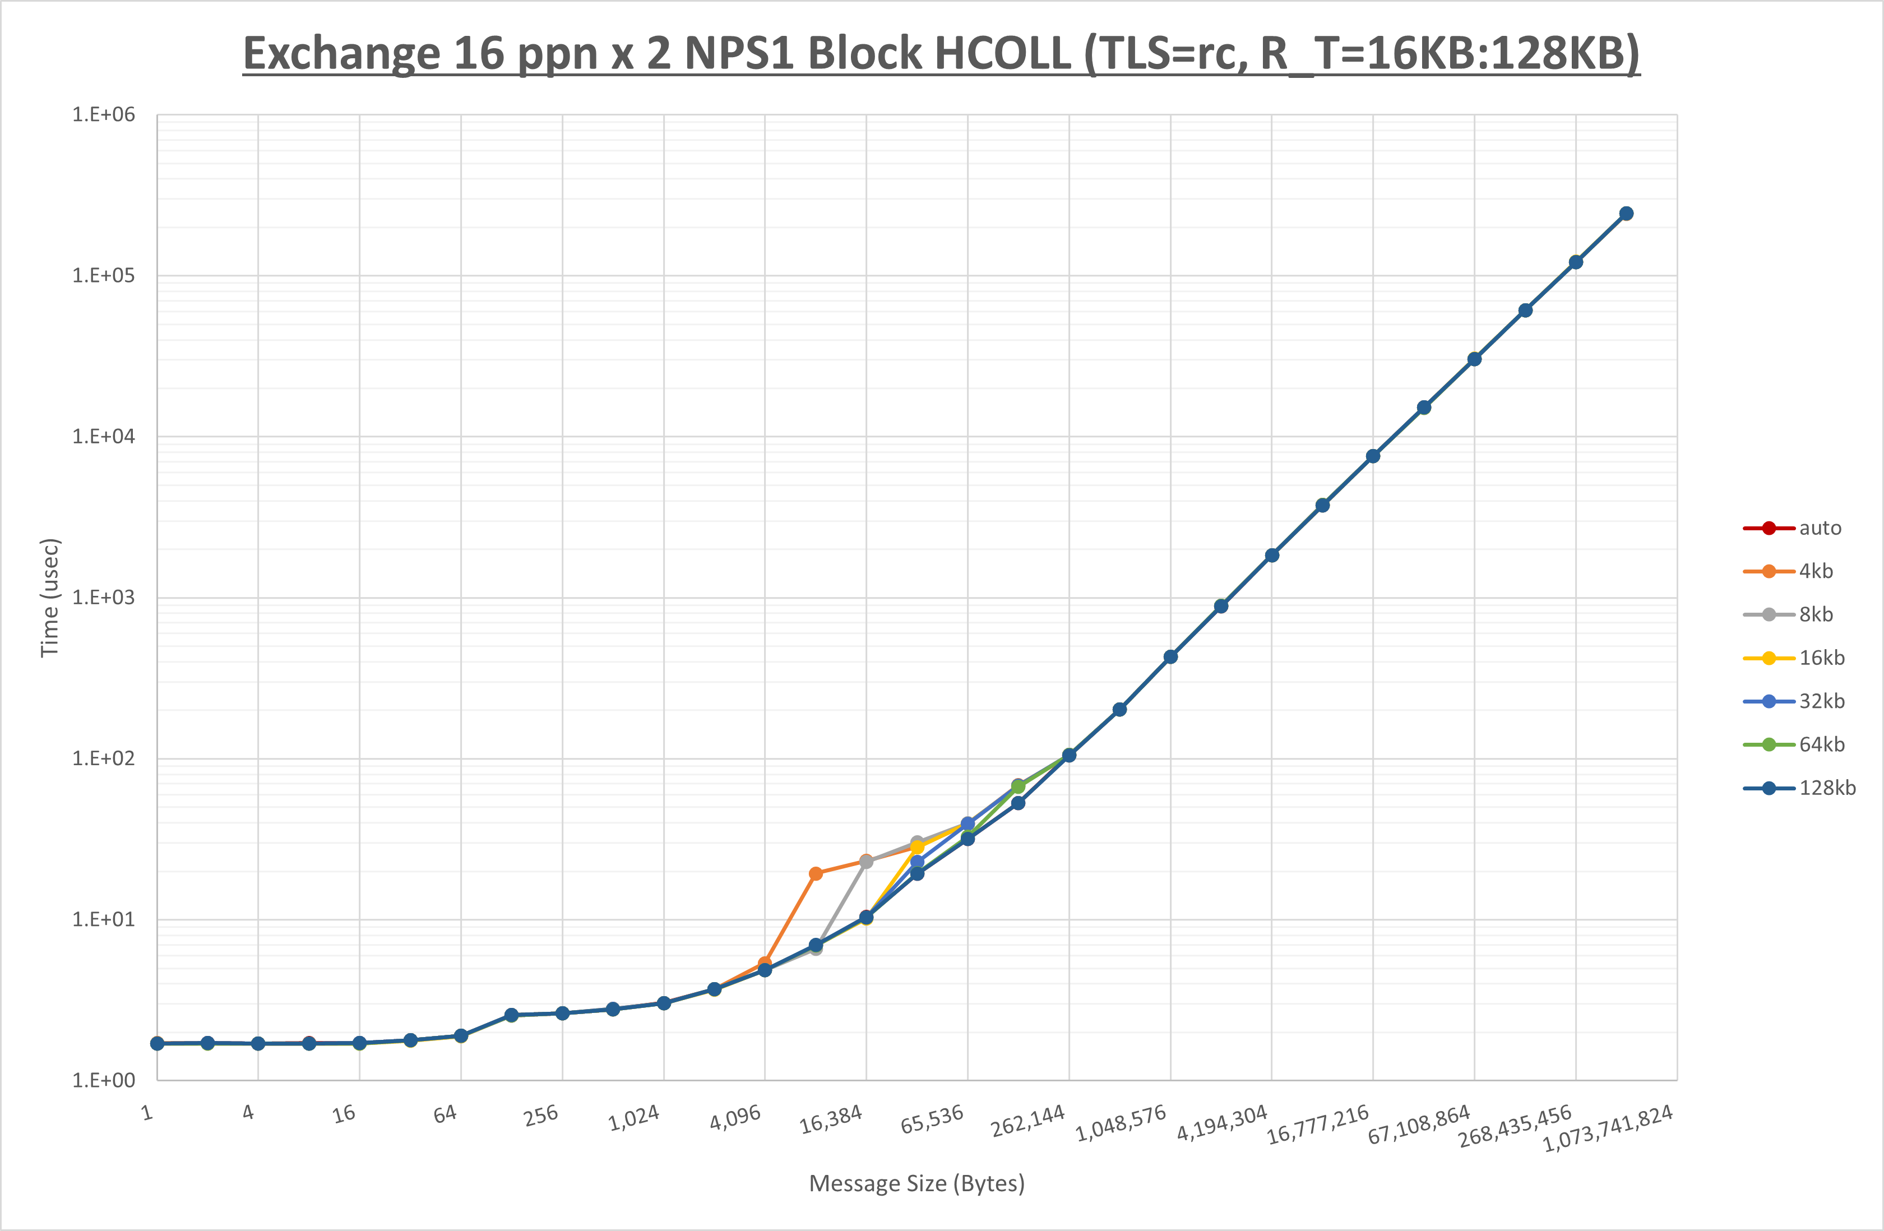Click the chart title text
coord(941,54)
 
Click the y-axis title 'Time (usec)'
coord(50,598)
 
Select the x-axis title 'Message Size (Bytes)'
coord(916,1183)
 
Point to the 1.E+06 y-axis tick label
coord(104,115)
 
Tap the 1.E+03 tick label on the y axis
coord(104,598)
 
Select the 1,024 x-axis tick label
coord(634,1118)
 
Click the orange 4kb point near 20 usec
coord(816,874)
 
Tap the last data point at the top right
coord(1626,214)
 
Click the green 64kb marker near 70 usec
coord(1018,786)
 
